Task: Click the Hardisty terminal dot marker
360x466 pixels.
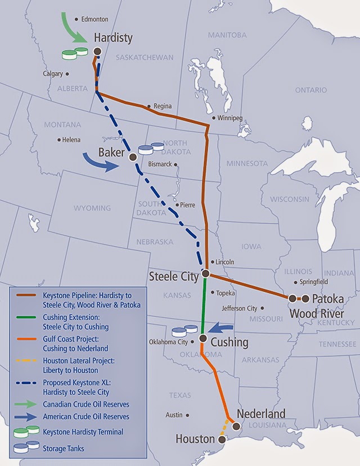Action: click(x=97, y=51)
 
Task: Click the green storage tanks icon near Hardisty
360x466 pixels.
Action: click(x=75, y=53)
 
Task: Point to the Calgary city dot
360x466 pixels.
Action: click(x=67, y=74)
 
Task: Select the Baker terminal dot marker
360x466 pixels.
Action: click(x=133, y=157)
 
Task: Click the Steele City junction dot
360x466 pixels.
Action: click(x=206, y=274)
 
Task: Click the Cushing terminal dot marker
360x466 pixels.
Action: click(x=202, y=338)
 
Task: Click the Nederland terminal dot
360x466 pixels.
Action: click(x=236, y=427)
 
